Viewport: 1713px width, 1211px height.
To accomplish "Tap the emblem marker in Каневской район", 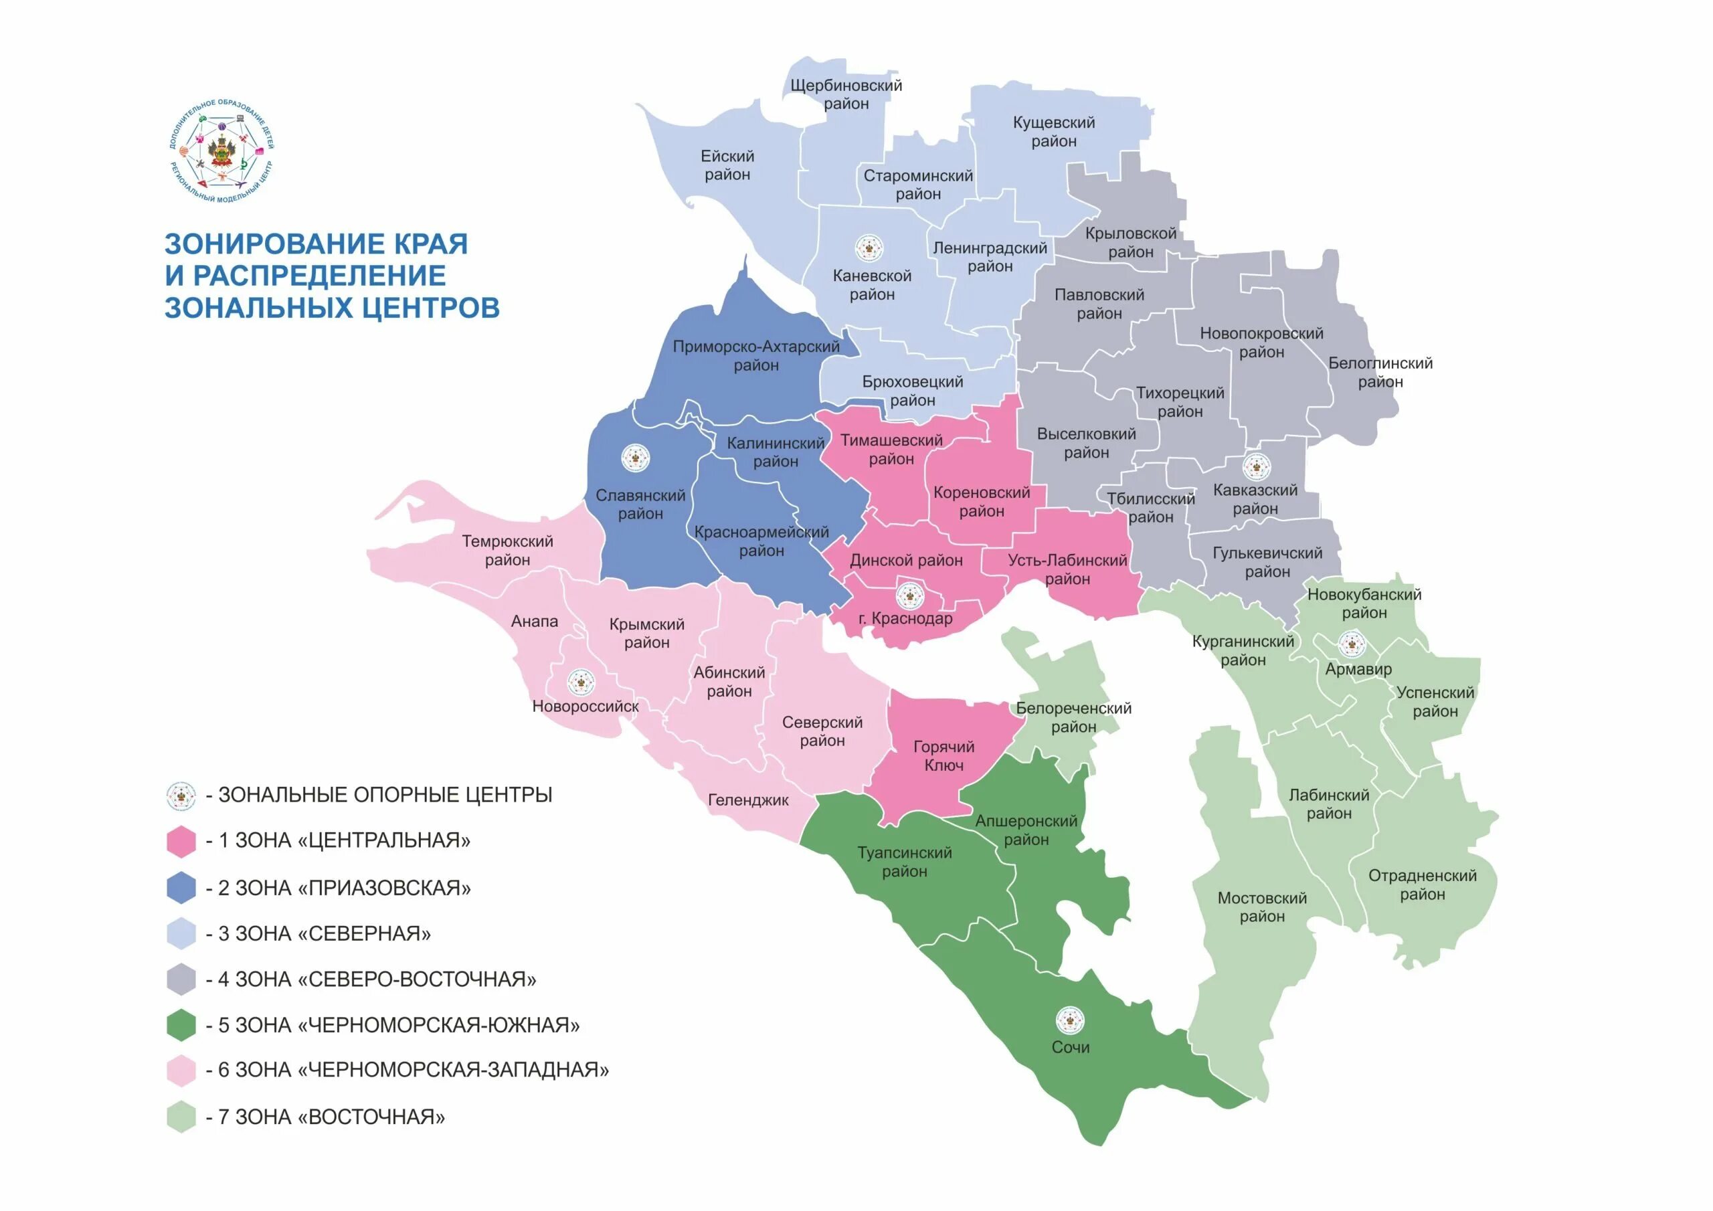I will [869, 248].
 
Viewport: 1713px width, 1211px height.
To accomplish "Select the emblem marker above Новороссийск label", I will [581, 681].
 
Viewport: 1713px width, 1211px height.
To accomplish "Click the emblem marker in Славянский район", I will [636, 458].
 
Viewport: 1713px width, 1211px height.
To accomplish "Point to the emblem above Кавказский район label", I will [1257, 467].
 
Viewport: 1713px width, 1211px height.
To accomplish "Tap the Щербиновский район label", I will [846, 95].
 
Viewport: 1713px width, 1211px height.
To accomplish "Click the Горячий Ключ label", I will [943, 756].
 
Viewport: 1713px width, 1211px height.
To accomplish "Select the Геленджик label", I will [748, 800].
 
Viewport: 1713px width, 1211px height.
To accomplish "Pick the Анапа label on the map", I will [534, 622].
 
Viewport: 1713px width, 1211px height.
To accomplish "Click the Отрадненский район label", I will [1422, 884].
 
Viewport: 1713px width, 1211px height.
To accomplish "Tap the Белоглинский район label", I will [1380, 372].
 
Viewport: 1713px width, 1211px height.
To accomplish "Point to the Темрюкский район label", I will [507, 550].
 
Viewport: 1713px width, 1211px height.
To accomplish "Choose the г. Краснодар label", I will [905, 619].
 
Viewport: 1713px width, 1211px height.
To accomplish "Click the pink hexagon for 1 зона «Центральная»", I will [181, 841].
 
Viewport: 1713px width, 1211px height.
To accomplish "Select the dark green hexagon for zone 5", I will [181, 1025].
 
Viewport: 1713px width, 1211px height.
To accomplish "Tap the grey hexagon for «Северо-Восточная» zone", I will [181, 979].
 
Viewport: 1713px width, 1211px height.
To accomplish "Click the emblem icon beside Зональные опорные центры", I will [181, 796].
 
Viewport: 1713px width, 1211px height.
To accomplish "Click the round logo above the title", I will [221, 151].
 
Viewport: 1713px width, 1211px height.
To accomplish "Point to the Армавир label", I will [1358, 669].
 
